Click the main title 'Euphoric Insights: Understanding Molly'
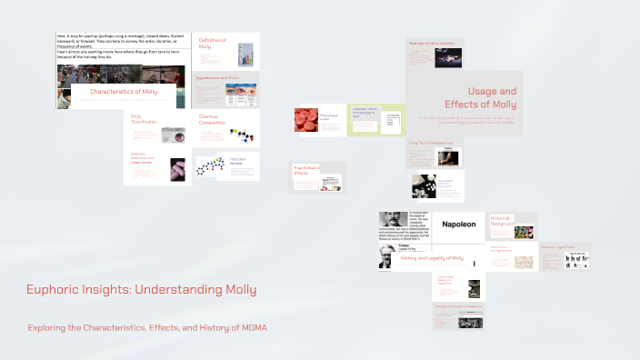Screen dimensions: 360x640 point(141,290)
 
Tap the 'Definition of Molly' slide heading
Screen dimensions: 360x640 point(213,45)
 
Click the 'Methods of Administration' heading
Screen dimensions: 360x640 point(431,44)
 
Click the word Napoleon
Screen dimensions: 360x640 point(458,224)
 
